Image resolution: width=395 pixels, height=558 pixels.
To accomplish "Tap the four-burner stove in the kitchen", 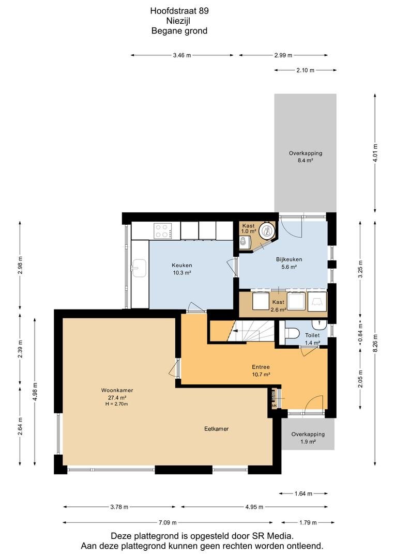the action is click(x=163, y=230).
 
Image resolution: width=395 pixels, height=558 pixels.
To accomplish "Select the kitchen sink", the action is click(x=139, y=268).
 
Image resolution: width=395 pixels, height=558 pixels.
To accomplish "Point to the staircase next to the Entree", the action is click(x=251, y=331).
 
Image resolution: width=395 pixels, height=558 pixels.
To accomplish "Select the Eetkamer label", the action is click(x=216, y=429).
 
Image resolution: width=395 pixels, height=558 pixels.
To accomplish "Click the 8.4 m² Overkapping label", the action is click(x=305, y=157).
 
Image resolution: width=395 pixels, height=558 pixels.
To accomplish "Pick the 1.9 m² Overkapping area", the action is click(x=308, y=434).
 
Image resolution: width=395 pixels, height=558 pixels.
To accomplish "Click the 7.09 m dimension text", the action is click(x=168, y=522).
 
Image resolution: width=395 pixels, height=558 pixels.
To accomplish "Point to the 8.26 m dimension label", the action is click(x=375, y=343).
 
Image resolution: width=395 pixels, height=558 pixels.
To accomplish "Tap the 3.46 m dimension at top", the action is click(x=181, y=55).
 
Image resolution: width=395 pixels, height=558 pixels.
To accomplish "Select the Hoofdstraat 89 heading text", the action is click(x=179, y=11).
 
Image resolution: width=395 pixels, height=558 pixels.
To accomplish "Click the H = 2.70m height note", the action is click(x=117, y=404).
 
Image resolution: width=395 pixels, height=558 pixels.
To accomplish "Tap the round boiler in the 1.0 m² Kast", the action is click(x=266, y=231).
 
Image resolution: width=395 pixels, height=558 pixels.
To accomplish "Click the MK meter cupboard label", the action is click(x=274, y=406).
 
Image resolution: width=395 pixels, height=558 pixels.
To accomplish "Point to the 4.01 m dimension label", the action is click(x=375, y=152).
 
